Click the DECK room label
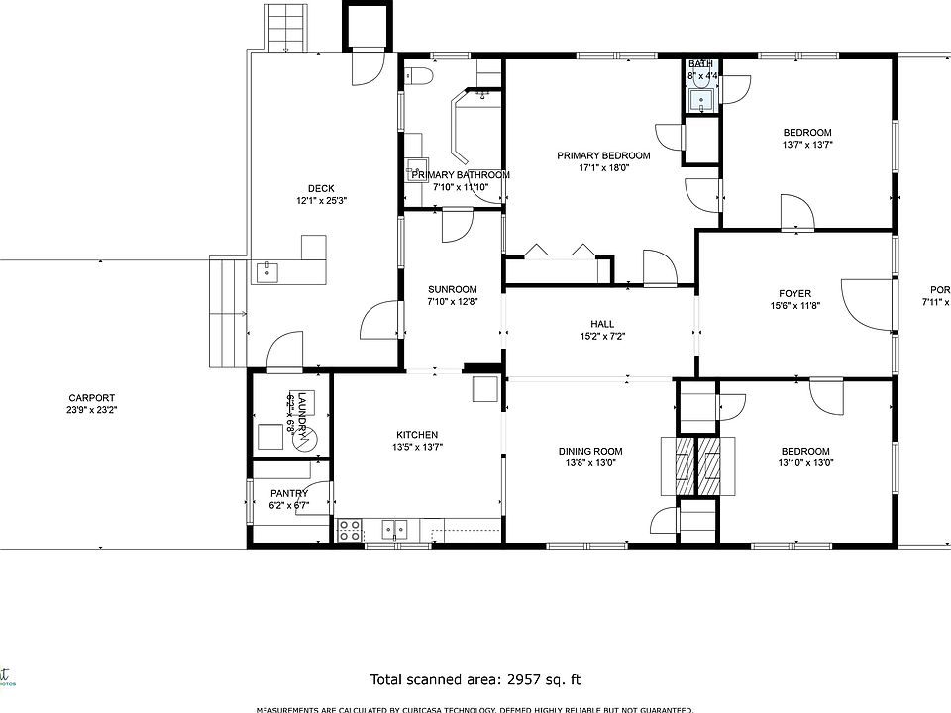(x=321, y=188)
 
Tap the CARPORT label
(x=91, y=398)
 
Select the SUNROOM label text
(x=452, y=290)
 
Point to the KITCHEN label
(x=417, y=435)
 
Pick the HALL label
(x=601, y=324)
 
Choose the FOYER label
(x=794, y=294)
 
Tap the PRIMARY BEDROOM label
(x=603, y=155)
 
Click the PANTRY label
(x=288, y=493)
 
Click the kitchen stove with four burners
(x=349, y=530)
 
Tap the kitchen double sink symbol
(x=396, y=530)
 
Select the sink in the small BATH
(x=701, y=98)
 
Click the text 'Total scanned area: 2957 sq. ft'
(x=475, y=679)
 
